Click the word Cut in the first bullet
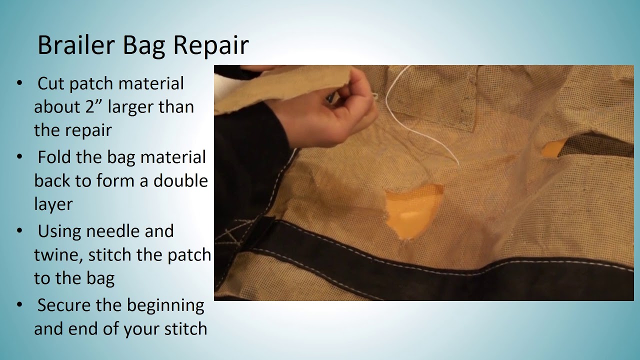(x=51, y=83)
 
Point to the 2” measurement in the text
(x=92, y=107)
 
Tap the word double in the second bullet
(x=180, y=180)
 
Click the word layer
(x=53, y=204)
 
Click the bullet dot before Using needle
(x=19, y=231)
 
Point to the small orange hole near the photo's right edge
(x=554, y=148)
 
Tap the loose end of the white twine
(x=458, y=163)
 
